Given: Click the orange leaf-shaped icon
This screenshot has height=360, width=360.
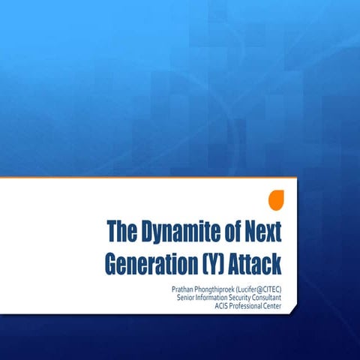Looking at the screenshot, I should coord(276,200).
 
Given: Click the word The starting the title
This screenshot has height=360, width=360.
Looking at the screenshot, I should coord(120,230).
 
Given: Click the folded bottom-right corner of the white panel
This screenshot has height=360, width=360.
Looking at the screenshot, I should coord(289,316).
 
